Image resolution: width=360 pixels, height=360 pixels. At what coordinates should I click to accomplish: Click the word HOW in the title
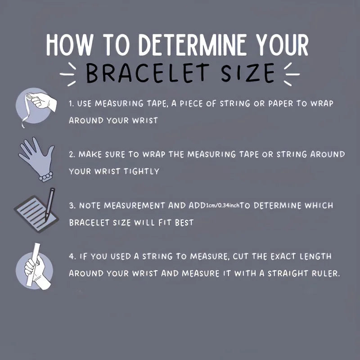pyautogui.click(x=69, y=45)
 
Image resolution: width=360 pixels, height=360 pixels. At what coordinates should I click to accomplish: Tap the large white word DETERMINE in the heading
pyautogui.click(x=193, y=45)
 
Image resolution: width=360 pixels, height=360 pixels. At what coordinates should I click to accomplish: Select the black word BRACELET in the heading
pyautogui.click(x=148, y=73)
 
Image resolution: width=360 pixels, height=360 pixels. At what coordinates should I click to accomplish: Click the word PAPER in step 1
pyautogui.click(x=280, y=103)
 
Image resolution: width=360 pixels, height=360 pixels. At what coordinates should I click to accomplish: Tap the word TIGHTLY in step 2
pyautogui.click(x=141, y=171)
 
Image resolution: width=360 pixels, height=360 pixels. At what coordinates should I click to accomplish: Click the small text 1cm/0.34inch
pyautogui.click(x=222, y=205)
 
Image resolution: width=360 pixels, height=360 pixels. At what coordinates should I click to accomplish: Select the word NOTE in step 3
pyautogui.click(x=90, y=206)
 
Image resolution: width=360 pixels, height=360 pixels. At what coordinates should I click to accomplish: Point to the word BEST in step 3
pyautogui.click(x=184, y=222)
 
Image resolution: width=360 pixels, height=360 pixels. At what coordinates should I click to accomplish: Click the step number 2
pyautogui.click(x=72, y=154)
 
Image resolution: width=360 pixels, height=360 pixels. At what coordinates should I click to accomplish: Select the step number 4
pyautogui.click(x=72, y=256)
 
